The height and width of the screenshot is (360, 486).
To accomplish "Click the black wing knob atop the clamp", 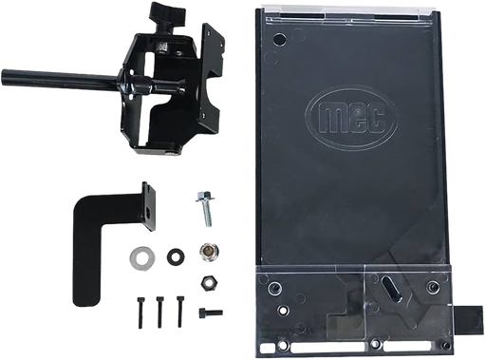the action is (164, 11).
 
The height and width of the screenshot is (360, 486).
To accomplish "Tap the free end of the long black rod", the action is (4, 75).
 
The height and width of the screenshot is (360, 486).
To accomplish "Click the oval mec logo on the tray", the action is (351, 119).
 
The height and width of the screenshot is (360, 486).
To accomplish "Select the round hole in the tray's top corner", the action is (280, 39).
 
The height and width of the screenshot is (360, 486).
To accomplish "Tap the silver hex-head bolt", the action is (205, 208).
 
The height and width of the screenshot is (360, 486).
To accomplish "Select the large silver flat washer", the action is (142, 256).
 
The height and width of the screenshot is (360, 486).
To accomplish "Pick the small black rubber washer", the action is (177, 256).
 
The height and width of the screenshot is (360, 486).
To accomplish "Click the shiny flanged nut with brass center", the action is (209, 252).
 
